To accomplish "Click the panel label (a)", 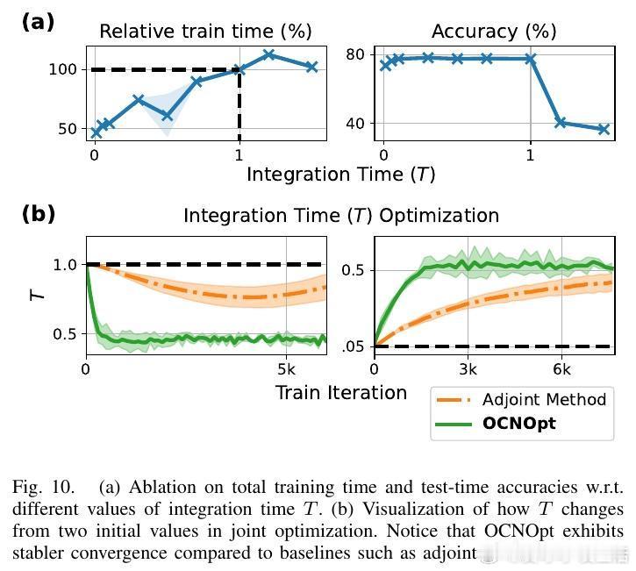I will (x=37, y=22).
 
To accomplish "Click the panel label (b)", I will (x=38, y=213).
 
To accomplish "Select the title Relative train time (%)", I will (x=205, y=32).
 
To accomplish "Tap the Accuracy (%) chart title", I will (x=494, y=32).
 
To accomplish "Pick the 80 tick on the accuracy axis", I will (x=354, y=54).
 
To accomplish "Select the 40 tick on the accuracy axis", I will (x=354, y=123).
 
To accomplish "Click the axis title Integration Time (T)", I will (x=340, y=174).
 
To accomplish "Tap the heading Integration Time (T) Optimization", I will (x=340, y=215).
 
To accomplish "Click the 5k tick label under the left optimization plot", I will (x=287, y=368).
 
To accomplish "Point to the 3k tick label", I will (x=468, y=368).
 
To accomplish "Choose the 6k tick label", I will (x=562, y=368).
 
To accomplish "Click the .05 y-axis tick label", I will (x=352, y=347).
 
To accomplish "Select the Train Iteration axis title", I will (x=340, y=392).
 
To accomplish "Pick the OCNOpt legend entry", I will (x=519, y=424).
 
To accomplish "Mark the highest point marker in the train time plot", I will (x=269, y=54).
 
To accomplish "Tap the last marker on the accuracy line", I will (x=604, y=129).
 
